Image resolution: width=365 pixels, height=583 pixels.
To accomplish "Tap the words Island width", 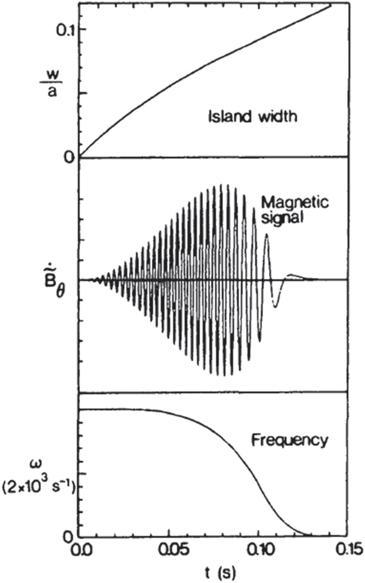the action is tap(253, 117).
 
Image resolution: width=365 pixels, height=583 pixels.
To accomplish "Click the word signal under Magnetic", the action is tap(282, 218).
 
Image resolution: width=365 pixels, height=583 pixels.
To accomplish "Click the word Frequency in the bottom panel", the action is tap(289, 441).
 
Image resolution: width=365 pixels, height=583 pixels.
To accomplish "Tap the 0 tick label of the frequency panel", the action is tap(68, 537).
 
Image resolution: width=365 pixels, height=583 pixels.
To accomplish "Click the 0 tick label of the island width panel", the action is tap(68, 157).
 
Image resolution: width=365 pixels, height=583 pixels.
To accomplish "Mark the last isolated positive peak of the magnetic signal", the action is tap(266, 234).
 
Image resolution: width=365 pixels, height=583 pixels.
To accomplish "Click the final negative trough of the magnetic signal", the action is tap(275, 307).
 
